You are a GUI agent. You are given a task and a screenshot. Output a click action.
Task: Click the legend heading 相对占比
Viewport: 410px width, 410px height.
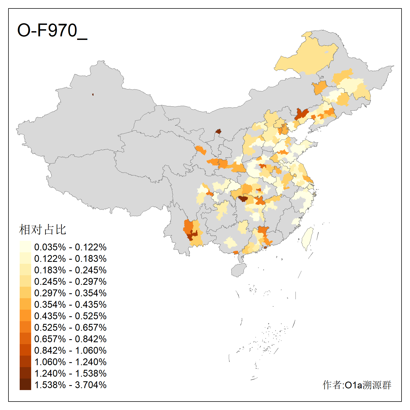pos(43,230)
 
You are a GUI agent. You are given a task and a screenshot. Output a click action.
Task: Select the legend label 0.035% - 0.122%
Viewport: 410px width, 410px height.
pos(70,247)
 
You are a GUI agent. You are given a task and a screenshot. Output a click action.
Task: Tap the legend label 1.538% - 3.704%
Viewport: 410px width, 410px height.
pos(70,385)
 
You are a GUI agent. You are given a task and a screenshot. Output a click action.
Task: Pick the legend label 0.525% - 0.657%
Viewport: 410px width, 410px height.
pos(70,327)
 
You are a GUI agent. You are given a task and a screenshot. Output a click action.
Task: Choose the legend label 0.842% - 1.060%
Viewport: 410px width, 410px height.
pos(70,350)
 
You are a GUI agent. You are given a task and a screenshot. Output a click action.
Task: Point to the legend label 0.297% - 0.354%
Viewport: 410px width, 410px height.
pos(70,293)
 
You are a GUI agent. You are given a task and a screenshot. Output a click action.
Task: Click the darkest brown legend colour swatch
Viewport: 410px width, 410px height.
pos(25,384)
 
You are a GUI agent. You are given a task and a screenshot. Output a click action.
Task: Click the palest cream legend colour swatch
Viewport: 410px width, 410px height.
pos(25,247)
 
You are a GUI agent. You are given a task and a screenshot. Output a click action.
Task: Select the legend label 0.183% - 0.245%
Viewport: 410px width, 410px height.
pos(70,270)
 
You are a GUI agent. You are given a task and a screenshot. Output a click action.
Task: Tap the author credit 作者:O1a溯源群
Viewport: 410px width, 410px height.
pos(357,385)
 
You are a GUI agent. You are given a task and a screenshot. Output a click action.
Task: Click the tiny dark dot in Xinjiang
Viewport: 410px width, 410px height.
pos(93,95)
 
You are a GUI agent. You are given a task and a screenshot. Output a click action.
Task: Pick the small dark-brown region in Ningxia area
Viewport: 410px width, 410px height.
pos(218,131)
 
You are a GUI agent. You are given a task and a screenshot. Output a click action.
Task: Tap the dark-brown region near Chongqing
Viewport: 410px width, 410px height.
pos(242,198)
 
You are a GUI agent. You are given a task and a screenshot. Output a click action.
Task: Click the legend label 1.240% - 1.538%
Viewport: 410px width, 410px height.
pos(70,373)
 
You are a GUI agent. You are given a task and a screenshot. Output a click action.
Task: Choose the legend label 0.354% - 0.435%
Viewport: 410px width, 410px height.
pos(70,304)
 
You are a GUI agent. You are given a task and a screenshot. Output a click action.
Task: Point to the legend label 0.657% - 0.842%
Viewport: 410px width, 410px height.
pos(70,339)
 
